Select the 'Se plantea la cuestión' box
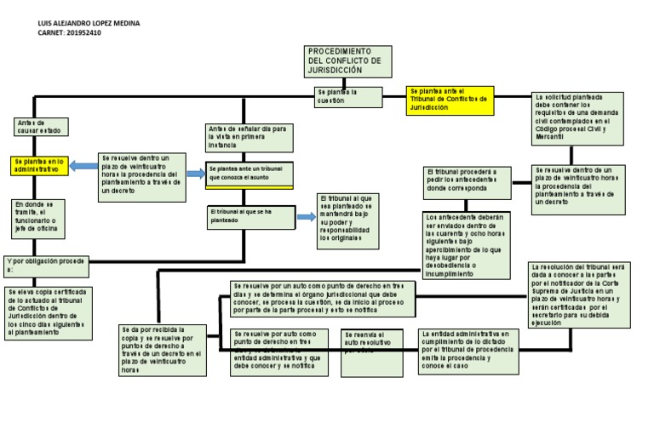pyautogui.click(x=347, y=96)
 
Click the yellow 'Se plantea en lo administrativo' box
pyautogui.click(x=39, y=166)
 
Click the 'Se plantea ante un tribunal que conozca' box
pyautogui.click(x=250, y=174)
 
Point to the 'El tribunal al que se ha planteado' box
pyautogui.click(x=250, y=216)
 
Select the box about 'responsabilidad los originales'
pyautogui.click(x=349, y=220)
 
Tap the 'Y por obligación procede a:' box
pyautogui.click(x=47, y=266)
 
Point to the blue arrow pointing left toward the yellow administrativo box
pyautogui.click(x=84, y=166)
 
